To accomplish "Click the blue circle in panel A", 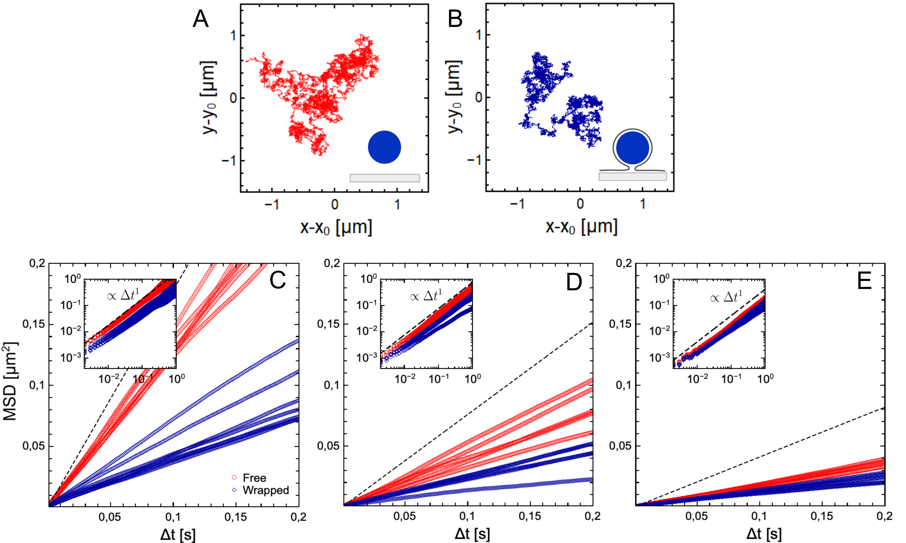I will tap(384, 147).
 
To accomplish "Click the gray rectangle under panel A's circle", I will tap(385, 178).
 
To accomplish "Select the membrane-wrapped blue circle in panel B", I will tap(633, 148).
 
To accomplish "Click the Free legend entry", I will tap(254, 478).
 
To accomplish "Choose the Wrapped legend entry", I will tap(266, 490).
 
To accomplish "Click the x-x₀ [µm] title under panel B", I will tap(581, 227).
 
